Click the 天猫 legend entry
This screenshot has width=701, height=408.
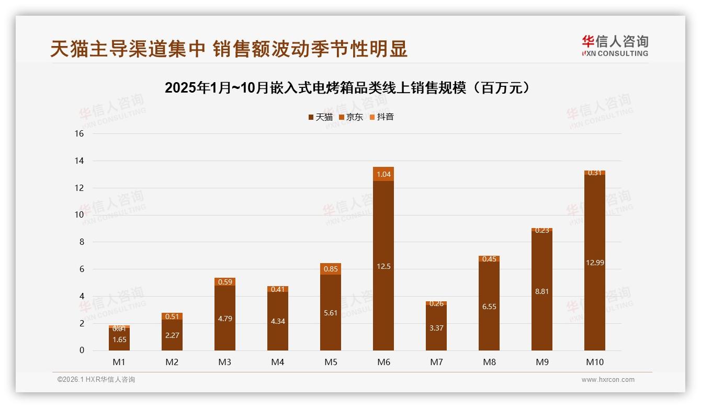(321, 117)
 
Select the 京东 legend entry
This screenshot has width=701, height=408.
(351, 117)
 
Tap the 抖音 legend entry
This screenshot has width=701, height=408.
(381, 117)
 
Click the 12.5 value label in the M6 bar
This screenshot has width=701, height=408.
(383, 266)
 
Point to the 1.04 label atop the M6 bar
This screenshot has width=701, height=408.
(383, 174)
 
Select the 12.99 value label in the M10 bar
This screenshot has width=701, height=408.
(595, 263)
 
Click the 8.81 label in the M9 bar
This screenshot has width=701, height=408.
(542, 291)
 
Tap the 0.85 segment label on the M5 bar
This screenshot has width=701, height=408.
(331, 269)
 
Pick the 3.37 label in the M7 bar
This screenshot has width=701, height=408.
(436, 328)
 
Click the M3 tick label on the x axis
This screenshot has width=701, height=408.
(225, 362)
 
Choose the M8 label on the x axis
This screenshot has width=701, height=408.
(489, 362)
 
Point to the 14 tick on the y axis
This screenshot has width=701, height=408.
(80, 161)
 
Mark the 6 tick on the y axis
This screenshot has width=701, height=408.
(82, 269)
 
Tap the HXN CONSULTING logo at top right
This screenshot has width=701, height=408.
(615, 46)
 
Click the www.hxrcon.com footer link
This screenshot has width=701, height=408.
(608, 380)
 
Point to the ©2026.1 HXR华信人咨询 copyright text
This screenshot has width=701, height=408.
(96, 380)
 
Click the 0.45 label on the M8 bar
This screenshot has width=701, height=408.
(489, 258)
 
